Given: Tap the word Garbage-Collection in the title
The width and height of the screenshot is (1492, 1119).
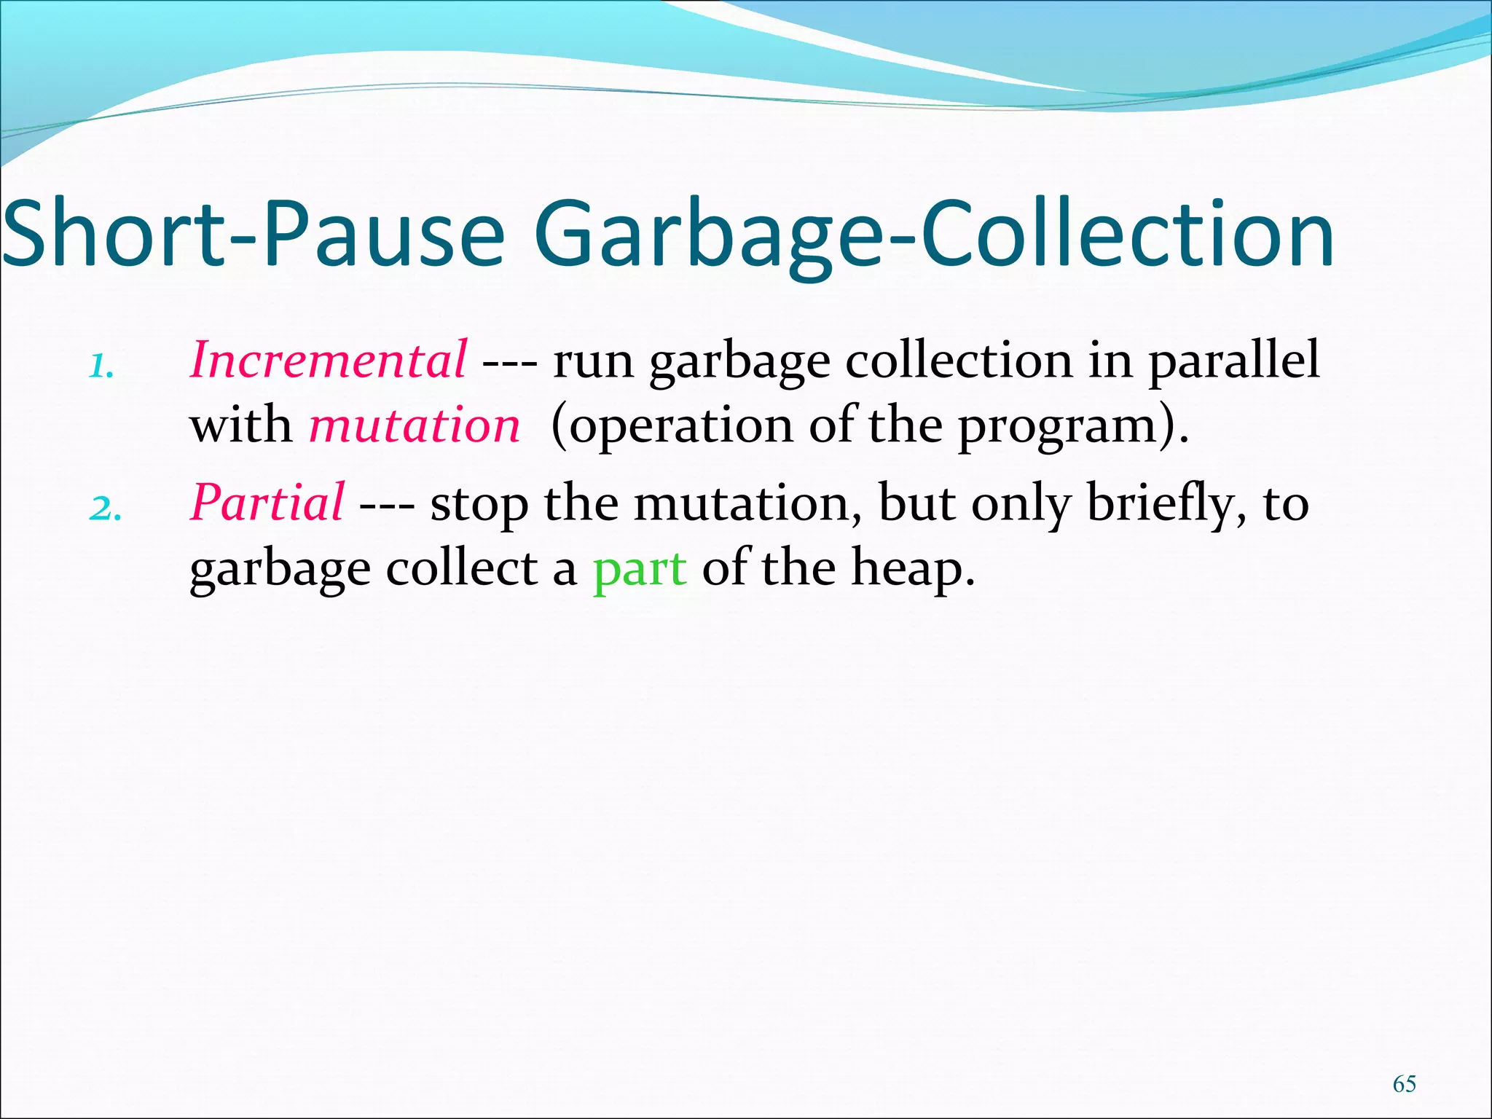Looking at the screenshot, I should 935,235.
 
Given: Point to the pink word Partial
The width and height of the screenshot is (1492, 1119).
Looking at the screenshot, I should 267,502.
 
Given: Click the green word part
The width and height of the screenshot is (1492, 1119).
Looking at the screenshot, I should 640,568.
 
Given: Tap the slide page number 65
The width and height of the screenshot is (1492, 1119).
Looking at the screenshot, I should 1404,1083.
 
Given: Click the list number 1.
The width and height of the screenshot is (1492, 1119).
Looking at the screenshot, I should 101,366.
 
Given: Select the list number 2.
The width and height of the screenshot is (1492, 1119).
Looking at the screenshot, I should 105,509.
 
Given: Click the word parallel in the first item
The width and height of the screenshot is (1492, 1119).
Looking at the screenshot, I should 1234,361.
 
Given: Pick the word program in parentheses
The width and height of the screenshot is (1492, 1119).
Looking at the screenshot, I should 1056,426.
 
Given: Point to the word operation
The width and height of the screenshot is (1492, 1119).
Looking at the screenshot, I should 680,426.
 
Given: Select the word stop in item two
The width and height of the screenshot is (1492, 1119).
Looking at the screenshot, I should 479,503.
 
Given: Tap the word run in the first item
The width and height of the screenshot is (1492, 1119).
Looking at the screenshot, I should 593,361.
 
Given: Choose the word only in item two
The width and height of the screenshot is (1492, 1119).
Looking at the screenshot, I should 1021,503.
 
